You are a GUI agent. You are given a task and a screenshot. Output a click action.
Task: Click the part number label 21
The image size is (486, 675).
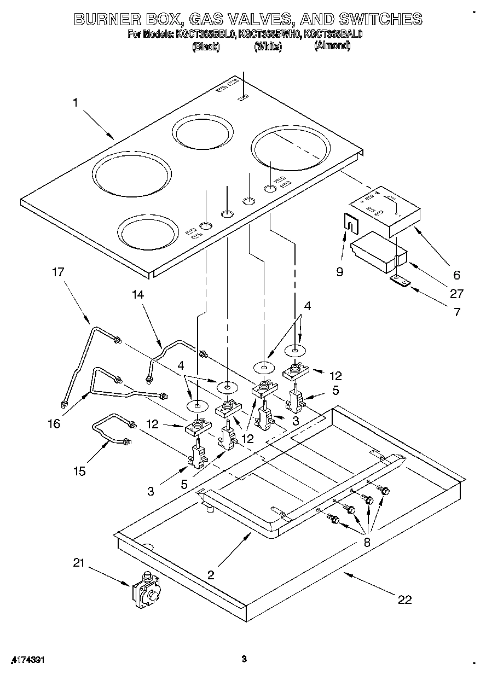[79, 563]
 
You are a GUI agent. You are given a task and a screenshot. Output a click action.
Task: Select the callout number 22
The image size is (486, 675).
[404, 600]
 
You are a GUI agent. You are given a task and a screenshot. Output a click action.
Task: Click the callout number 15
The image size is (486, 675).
[80, 471]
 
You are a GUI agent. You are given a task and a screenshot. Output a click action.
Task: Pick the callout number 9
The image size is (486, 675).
[340, 271]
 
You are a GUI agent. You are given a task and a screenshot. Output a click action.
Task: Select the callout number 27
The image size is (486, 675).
[456, 294]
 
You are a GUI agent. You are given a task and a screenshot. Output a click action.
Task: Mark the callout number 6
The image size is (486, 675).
[456, 275]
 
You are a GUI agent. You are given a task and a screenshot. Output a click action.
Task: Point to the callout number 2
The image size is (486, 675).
[211, 575]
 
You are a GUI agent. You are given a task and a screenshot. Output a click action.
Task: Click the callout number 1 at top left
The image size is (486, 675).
[76, 101]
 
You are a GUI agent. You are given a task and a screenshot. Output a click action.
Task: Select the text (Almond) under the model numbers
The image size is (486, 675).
[332, 46]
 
